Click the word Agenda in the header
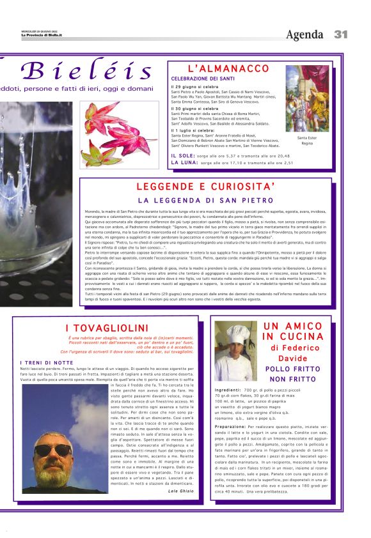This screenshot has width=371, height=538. point(305,35)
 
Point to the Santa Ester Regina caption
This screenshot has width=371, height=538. point(307,140)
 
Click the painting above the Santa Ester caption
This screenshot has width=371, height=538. point(307,98)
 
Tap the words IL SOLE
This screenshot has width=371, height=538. point(182,155)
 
